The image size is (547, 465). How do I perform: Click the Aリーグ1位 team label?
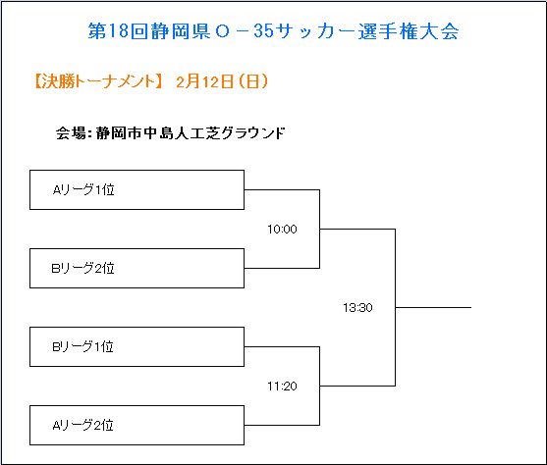[83, 189]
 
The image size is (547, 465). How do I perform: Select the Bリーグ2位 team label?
[83, 268]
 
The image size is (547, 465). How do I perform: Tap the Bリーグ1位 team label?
[83, 346]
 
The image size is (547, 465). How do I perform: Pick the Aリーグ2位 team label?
[83, 425]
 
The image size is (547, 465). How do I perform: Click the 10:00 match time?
[282, 229]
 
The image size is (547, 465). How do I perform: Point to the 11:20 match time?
[282, 386]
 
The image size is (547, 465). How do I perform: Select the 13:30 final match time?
[357, 307]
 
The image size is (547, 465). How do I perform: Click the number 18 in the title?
[118, 31]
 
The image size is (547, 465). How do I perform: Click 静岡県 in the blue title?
[181, 31]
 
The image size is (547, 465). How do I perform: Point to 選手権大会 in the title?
[409, 31]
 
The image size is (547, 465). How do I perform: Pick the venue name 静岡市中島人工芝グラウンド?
[191, 132]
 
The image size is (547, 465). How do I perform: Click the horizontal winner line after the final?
[433, 307]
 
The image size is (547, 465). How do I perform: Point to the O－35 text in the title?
[245, 31]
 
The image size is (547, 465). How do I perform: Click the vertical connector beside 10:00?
[319, 229]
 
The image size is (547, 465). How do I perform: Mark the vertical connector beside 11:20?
[319, 386]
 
